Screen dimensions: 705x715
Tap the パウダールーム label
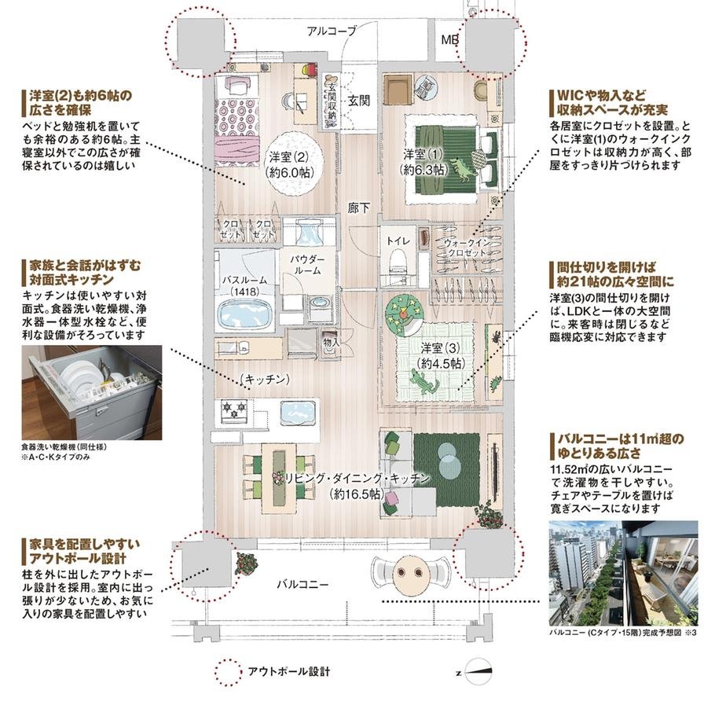[x=304, y=264]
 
